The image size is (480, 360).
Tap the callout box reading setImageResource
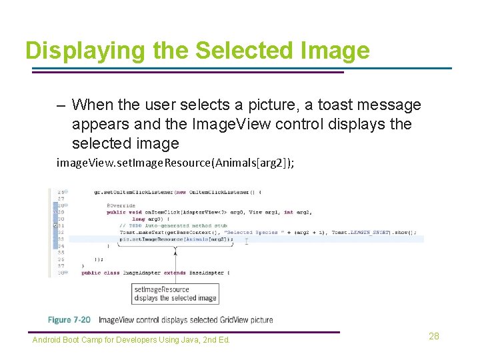(x=175, y=293)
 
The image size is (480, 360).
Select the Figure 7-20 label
(x=69, y=320)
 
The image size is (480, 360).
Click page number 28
(x=434, y=336)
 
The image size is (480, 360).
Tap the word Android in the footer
(x=46, y=340)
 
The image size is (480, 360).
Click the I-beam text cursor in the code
(x=247, y=241)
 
